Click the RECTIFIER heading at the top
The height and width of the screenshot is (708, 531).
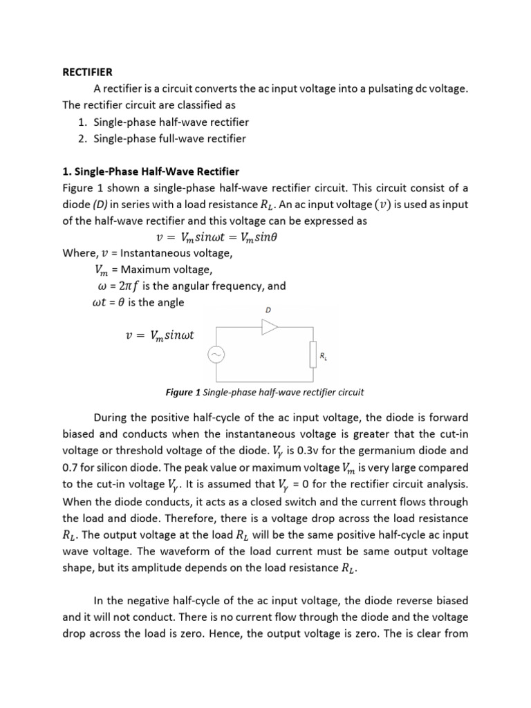coord(86,71)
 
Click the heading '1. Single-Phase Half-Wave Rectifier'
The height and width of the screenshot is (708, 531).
coord(151,171)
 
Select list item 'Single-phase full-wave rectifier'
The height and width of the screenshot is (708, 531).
coord(170,138)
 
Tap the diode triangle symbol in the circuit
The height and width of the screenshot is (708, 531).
coord(269,327)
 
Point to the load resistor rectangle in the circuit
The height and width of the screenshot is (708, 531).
coord(313,355)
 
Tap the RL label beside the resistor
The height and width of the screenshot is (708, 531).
coord(323,356)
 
